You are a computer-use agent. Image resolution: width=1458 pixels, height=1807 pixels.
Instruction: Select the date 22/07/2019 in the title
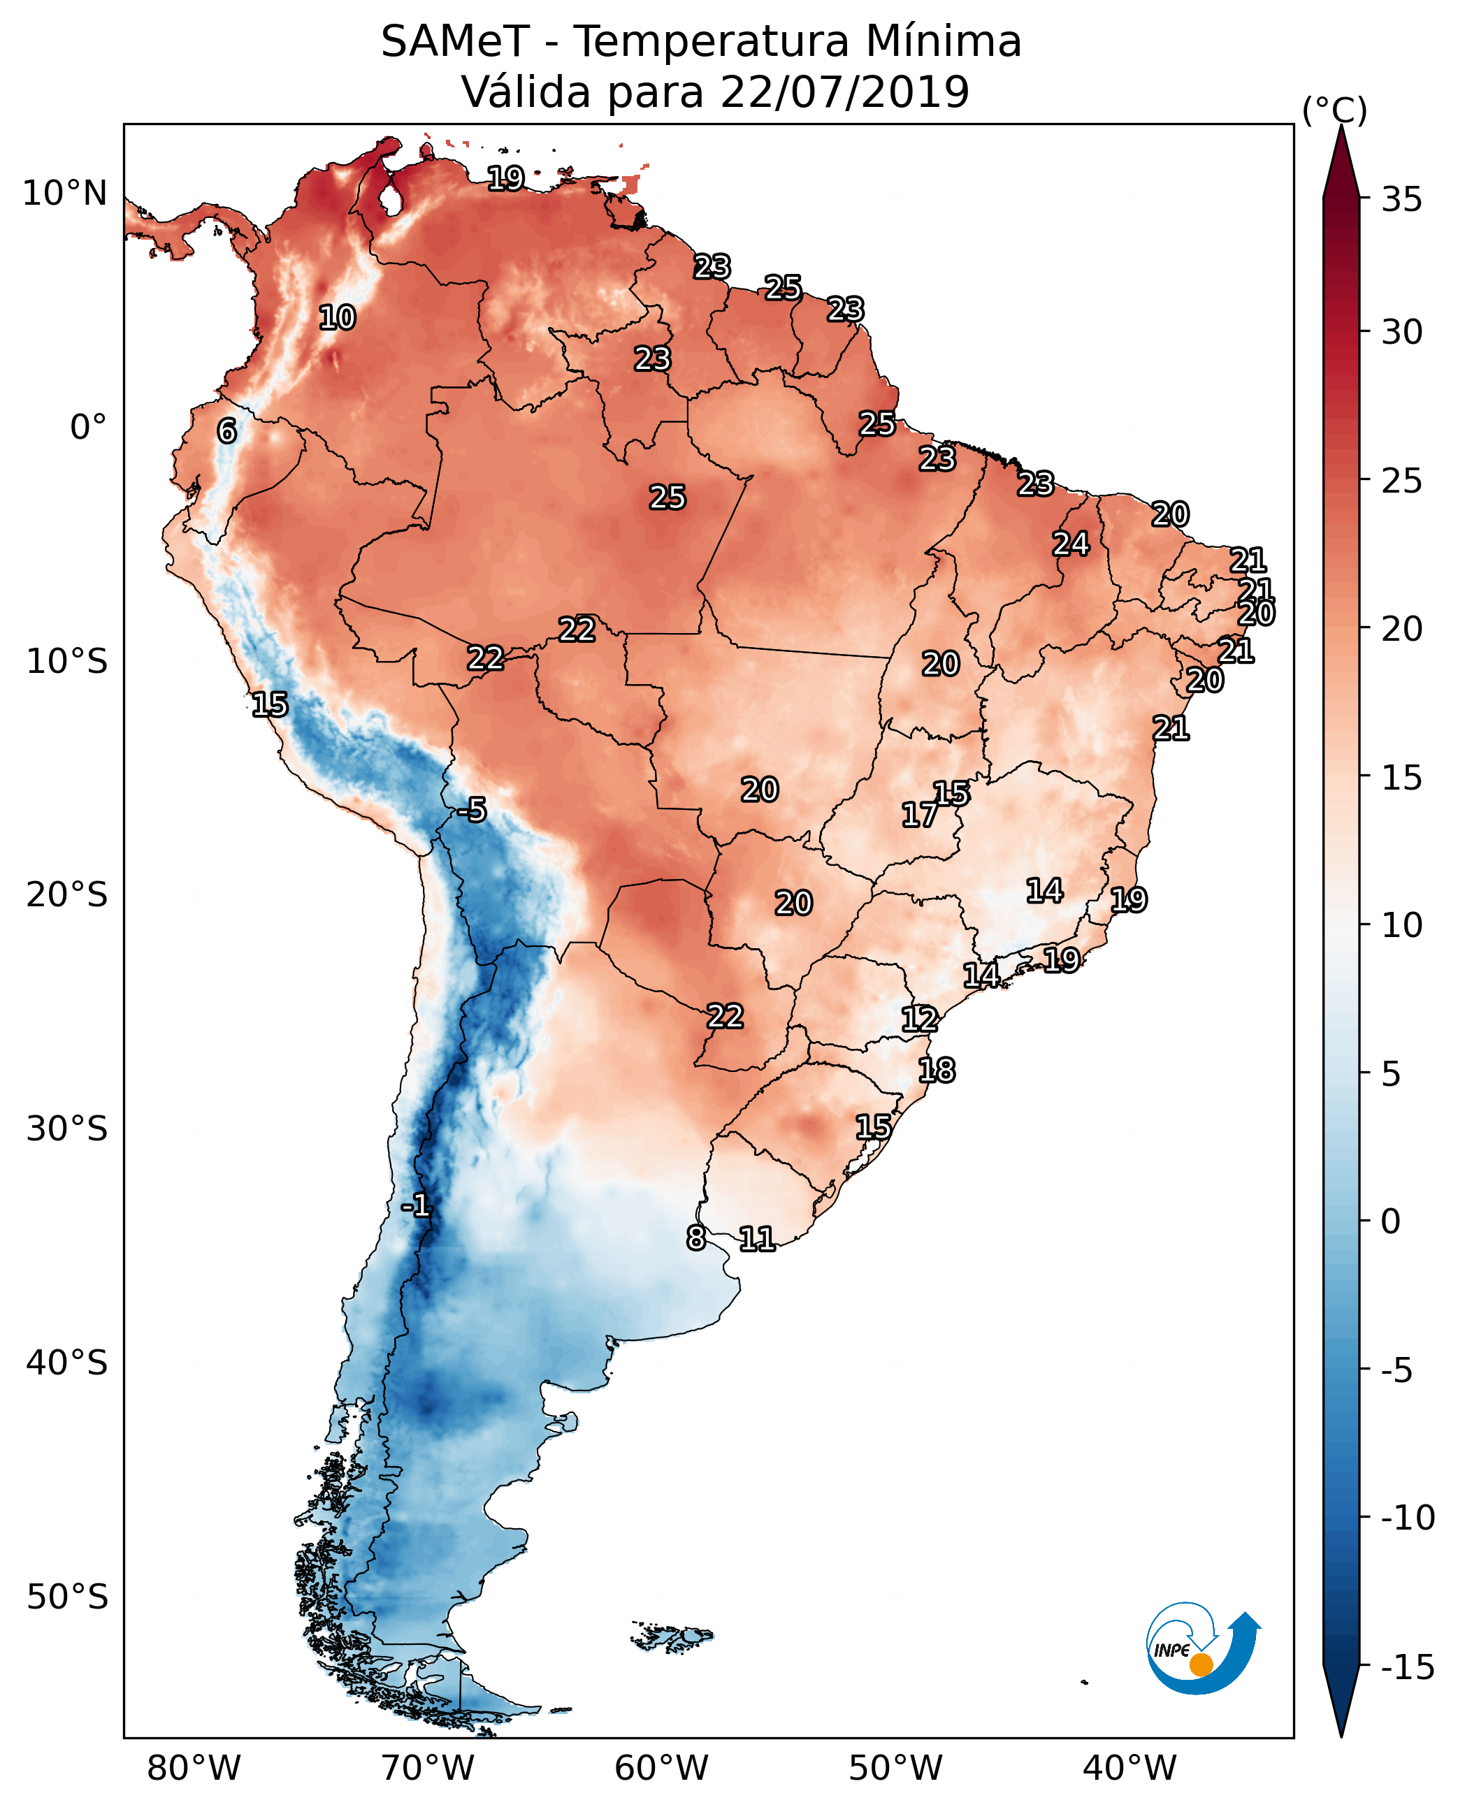[844, 92]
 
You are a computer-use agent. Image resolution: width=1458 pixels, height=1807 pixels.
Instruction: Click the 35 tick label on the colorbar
[1401, 200]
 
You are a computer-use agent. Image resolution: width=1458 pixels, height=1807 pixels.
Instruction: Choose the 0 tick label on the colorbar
[1391, 1221]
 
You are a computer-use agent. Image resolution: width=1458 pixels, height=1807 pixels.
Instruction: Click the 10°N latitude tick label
[65, 194]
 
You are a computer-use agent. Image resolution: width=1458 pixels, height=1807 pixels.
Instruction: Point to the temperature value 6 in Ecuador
[226, 430]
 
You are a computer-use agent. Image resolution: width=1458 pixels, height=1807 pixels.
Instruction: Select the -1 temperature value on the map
[416, 1207]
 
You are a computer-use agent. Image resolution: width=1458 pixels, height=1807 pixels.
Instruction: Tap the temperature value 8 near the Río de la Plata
[695, 1238]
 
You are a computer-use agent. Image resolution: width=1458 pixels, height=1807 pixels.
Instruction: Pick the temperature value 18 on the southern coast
[937, 1071]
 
